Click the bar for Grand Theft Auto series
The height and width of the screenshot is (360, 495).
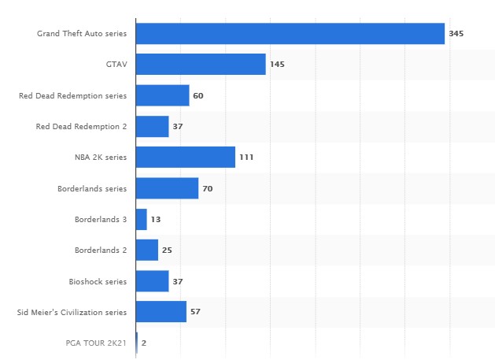(x=290, y=33)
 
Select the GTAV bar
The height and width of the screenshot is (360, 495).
(x=201, y=65)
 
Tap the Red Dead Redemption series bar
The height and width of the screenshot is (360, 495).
(x=162, y=95)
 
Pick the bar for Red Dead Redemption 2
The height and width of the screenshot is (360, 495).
(x=152, y=126)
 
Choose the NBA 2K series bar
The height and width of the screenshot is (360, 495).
(x=185, y=158)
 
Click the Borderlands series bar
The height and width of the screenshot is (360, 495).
(x=167, y=188)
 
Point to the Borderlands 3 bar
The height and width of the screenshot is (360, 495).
(x=142, y=219)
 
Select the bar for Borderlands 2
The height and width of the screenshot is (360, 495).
(x=147, y=251)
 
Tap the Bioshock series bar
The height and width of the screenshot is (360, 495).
(x=152, y=281)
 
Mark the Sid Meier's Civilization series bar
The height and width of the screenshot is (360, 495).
(x=161, y=312)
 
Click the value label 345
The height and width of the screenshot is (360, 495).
(x=456, y=34)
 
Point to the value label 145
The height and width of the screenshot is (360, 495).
(x=277, y=65)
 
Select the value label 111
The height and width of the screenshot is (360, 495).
(x=246, y=158)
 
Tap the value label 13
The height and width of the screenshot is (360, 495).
(x=156, y=220)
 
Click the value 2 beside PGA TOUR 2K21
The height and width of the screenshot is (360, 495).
(x=144, y=343)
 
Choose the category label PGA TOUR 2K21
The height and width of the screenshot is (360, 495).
(x=96, y=343)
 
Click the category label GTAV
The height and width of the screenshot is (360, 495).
(x=116, y=65)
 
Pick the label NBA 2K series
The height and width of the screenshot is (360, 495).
(x=100, y=158)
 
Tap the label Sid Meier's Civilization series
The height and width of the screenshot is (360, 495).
(x=72, y=313)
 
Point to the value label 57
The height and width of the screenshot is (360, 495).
(x=195, y=313)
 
